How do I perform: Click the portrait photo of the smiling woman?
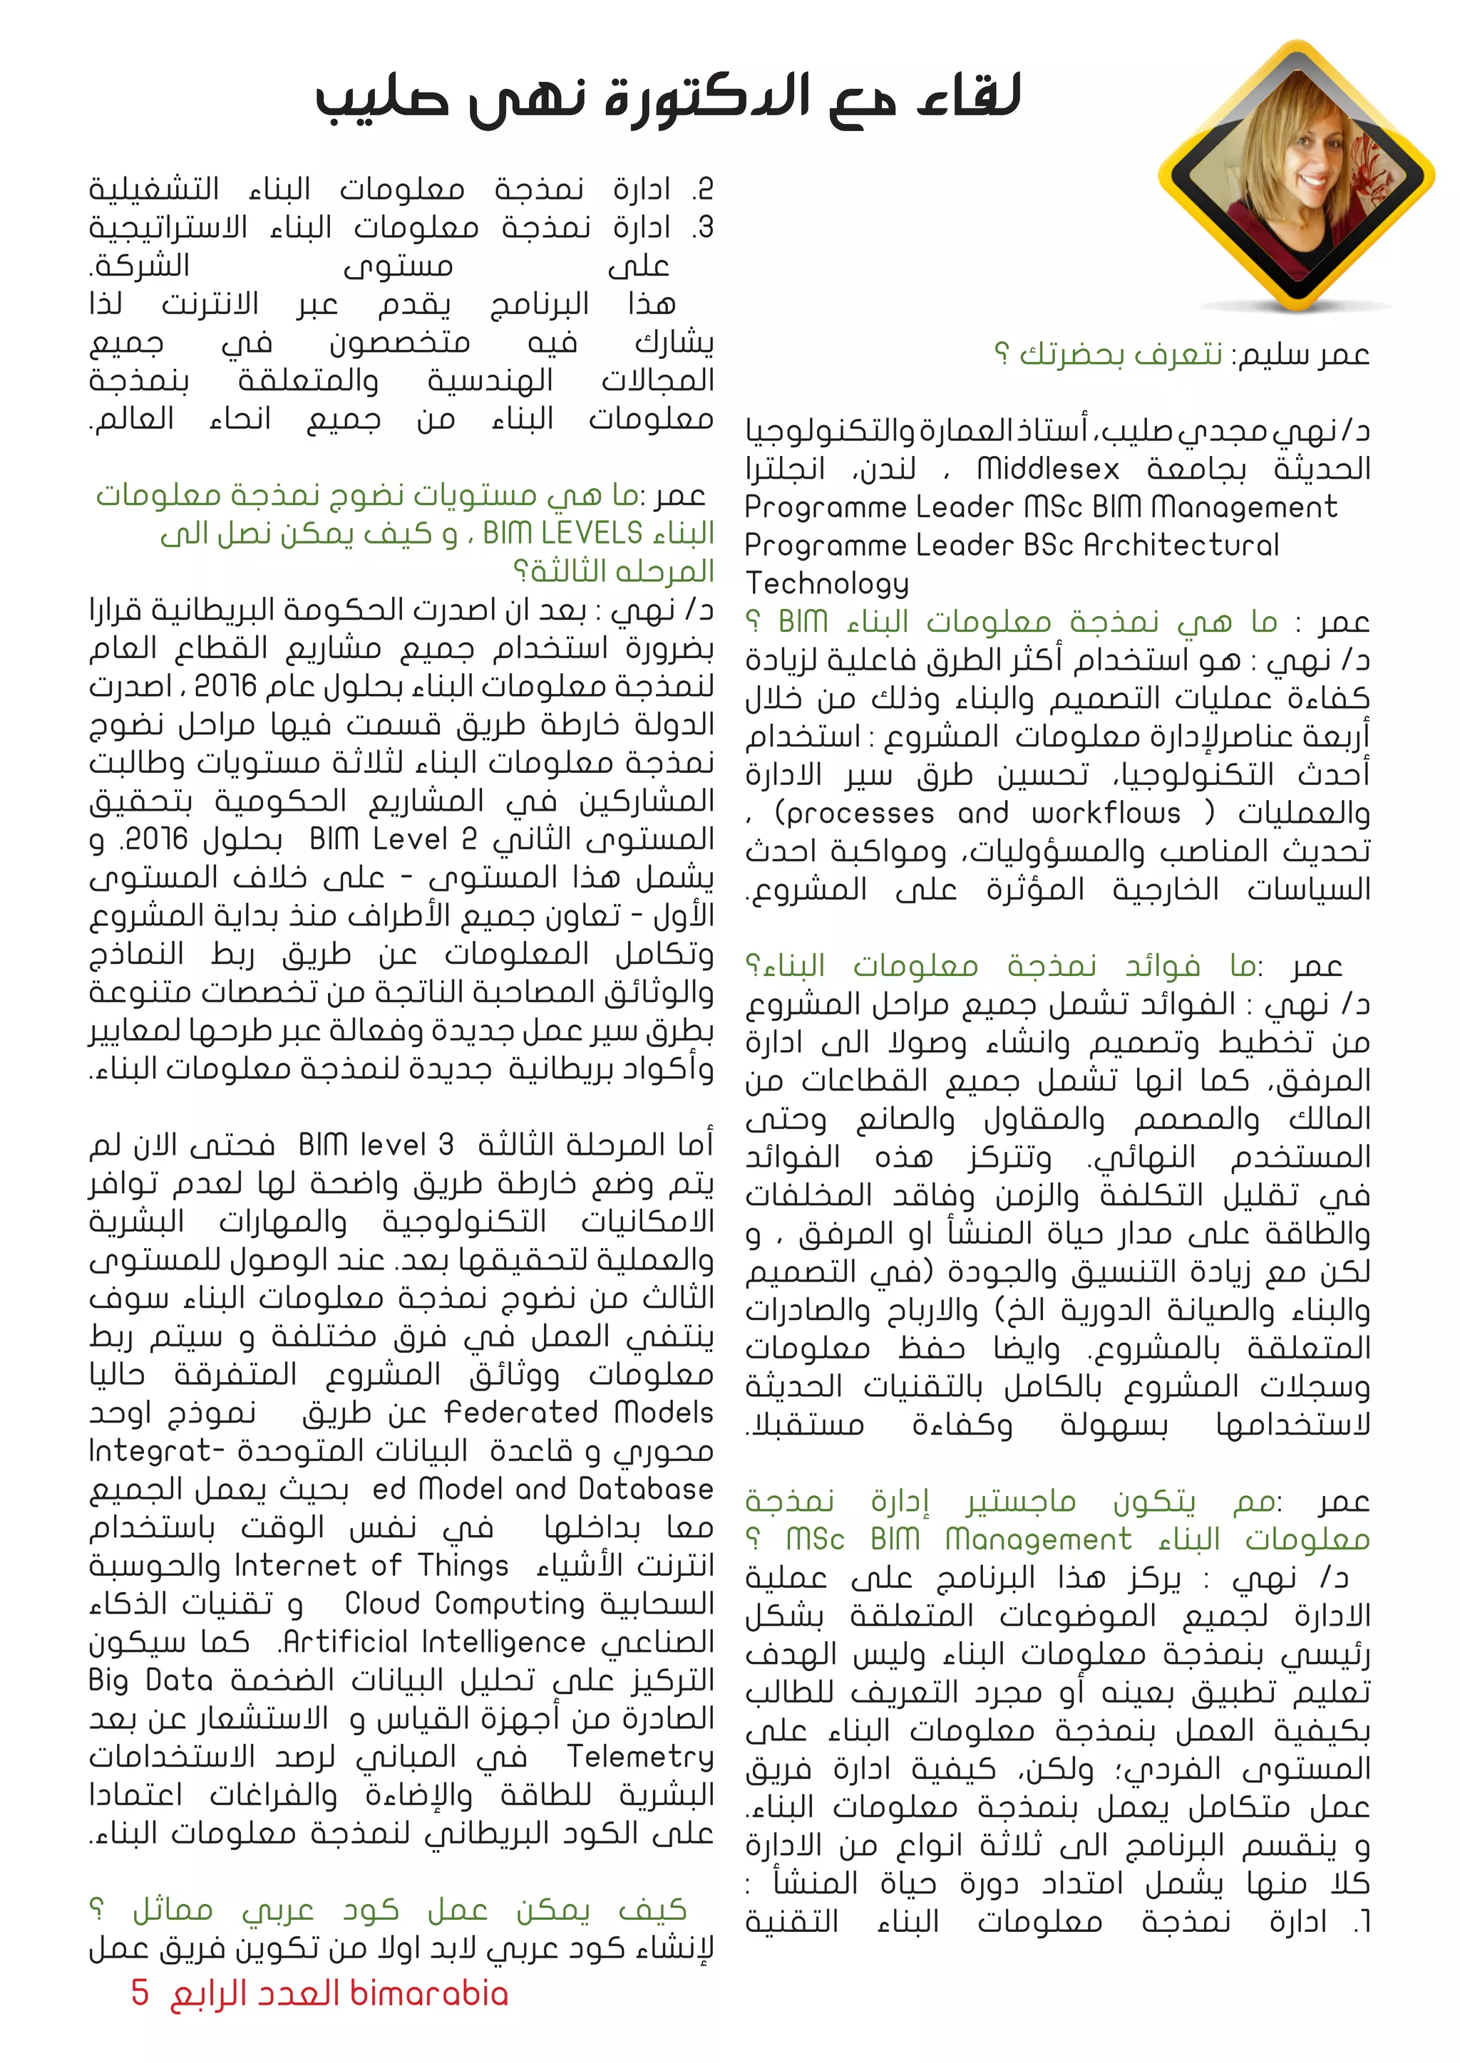(1295, 175)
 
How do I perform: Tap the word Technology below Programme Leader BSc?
(827, 584)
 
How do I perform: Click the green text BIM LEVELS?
(562, 534)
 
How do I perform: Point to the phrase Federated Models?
(579, 1413)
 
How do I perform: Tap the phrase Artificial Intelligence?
(433, 1643)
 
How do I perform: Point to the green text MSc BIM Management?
(958, 1539)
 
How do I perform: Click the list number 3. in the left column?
(703, 228)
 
